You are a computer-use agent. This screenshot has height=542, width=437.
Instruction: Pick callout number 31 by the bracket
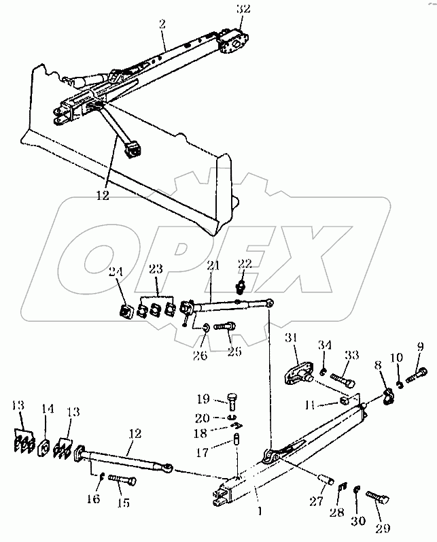(x=292, y=340)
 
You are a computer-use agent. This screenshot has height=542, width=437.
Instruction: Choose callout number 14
(x=48, y=410)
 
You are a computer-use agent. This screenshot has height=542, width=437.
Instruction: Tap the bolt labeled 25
(x=224, y=327)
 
